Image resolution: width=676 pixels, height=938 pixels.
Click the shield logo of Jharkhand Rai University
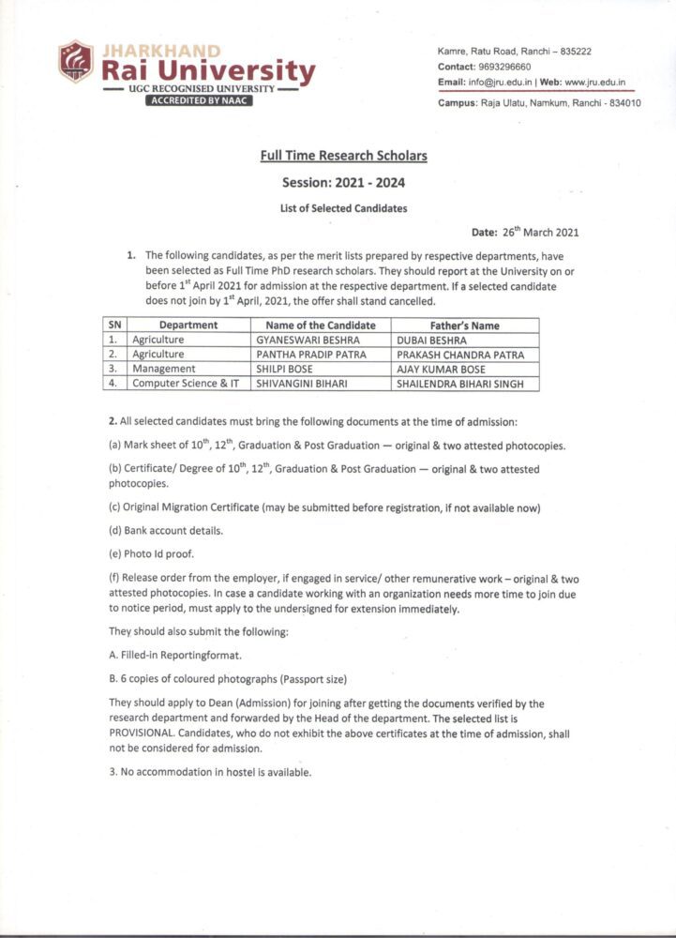(75, 60)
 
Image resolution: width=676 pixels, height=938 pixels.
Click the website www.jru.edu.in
(595, 83)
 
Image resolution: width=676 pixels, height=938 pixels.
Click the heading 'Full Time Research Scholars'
(343, 156)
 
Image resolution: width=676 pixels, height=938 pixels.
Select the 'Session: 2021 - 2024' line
(343, 182)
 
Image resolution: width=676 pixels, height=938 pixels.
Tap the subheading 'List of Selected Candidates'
(343, 208)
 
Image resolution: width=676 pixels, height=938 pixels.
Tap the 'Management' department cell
(164, 369)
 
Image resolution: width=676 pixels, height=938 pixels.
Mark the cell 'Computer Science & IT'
(186, 384)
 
